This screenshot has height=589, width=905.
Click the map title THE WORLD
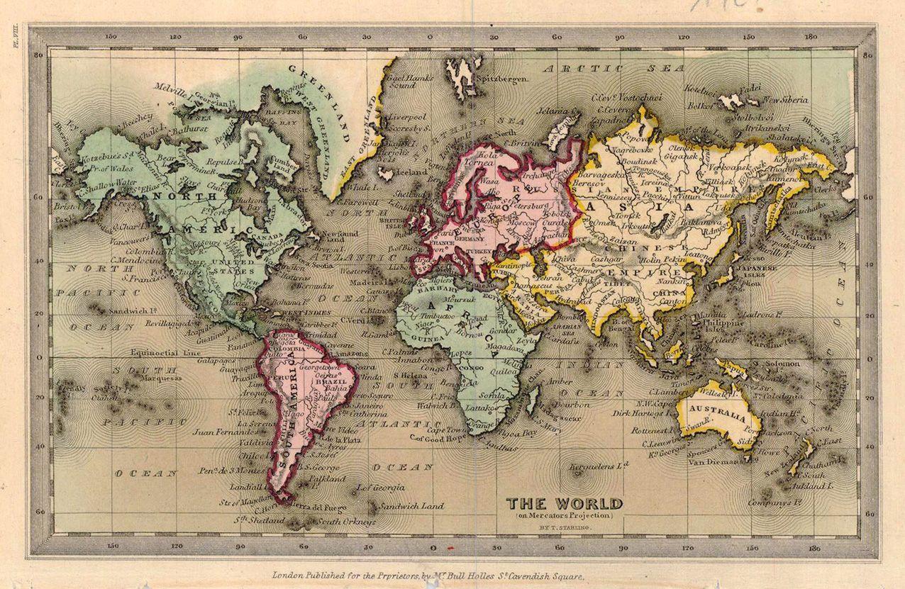click(x=565, y=504)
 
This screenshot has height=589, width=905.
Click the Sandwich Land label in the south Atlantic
click(x=411, y=506)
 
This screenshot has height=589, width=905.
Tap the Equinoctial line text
click(x=162, y=352)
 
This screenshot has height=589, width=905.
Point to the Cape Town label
click(x=445, y=430)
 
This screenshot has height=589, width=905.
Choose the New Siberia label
click(x=784, y=100)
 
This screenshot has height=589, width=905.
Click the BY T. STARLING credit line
click(x=565, y=529)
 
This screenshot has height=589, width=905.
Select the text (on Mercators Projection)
click(x=565, y=517)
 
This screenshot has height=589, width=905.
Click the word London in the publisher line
click(x=289, y=576)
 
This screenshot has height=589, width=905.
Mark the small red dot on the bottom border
click(x=450, y=548)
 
